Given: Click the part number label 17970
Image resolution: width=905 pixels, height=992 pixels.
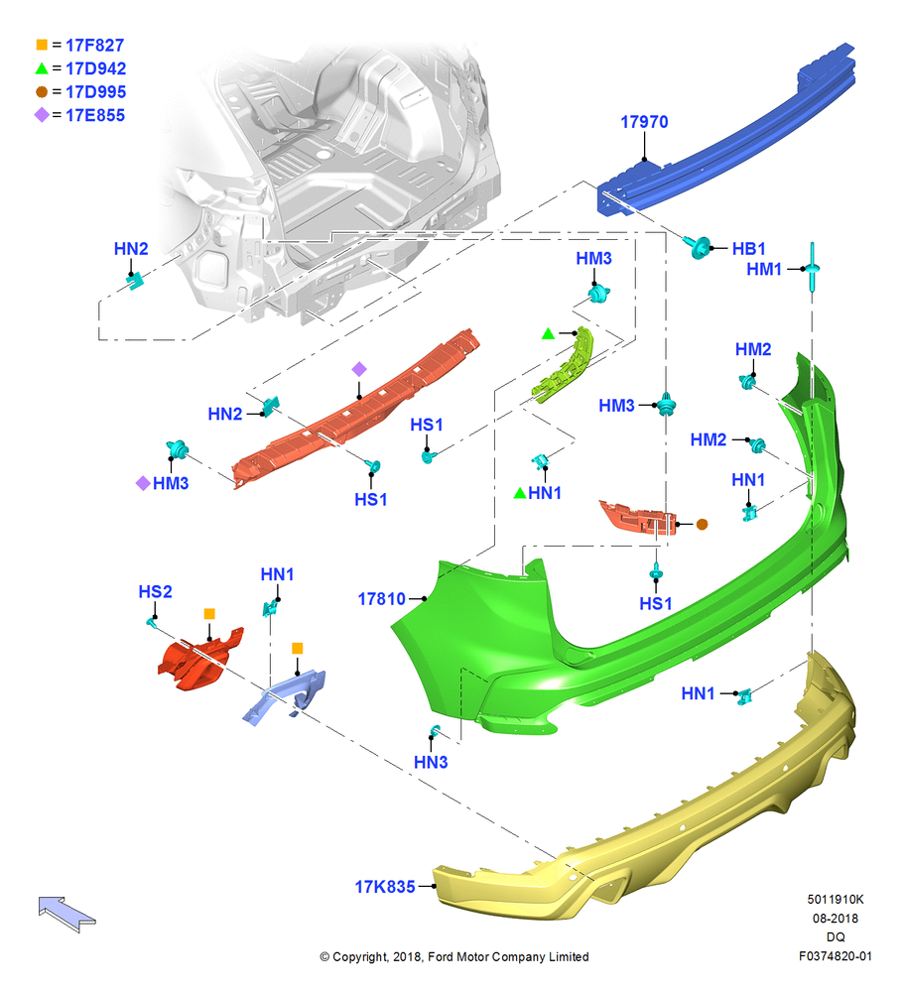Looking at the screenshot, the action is point(644,121).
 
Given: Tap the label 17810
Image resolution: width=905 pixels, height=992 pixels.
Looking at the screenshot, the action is point(381,598).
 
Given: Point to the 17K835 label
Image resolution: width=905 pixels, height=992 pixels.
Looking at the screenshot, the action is point(385,887).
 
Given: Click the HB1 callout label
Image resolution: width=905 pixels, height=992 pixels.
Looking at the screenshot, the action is point(748,249).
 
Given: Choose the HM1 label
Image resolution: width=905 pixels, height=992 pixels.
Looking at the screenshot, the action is point(764,269).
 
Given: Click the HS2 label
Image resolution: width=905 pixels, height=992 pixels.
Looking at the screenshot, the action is point(155,591).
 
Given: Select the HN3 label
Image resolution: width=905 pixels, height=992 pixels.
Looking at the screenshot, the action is point(431,762).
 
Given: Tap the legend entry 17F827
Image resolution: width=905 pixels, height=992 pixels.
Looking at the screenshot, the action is point(95,45).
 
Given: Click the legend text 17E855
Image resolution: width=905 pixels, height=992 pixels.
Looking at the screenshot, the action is point(95,115).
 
